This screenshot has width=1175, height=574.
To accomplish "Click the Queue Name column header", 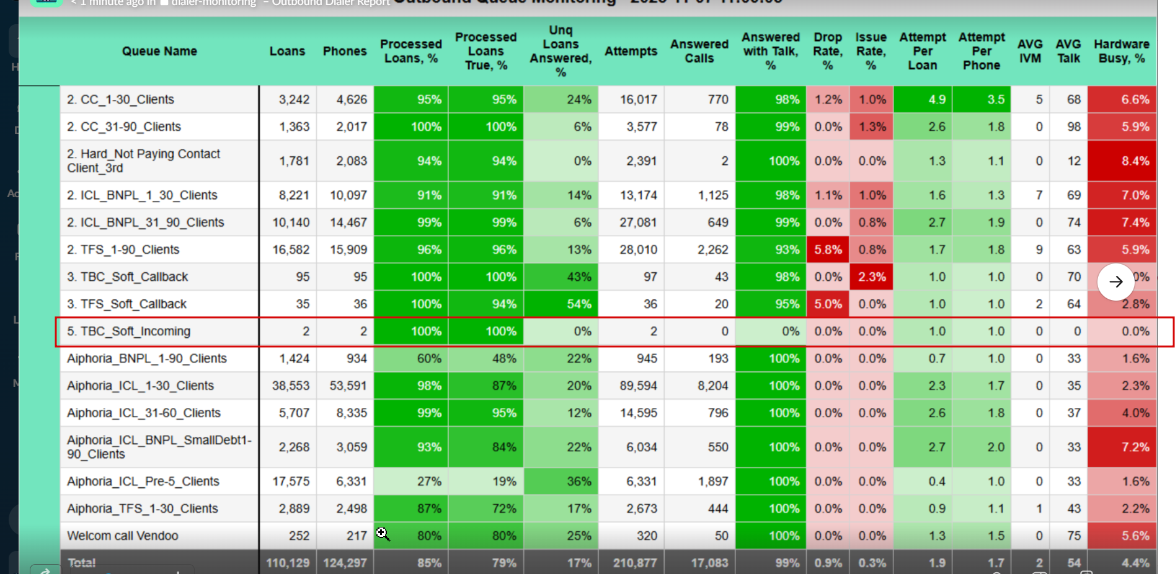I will coord(159,51).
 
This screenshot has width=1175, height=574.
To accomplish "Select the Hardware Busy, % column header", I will coord(1121,51).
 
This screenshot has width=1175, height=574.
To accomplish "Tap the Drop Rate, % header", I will coord(827,51).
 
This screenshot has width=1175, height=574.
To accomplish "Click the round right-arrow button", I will coord(1115,282).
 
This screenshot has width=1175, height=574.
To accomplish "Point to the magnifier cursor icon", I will coord(382,534).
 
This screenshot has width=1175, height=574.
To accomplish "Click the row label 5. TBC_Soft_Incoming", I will coord(129,332).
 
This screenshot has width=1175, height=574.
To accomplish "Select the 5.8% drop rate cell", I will coord(828,250).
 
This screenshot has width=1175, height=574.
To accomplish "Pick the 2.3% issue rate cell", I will coord(871,277).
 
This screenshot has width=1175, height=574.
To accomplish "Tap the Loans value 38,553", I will coord(290,386).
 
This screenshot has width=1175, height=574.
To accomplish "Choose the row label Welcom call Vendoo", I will coord(123,536).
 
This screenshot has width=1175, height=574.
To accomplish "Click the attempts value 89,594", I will coord(638,386).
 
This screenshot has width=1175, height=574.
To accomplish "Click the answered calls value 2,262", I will coord(712,250).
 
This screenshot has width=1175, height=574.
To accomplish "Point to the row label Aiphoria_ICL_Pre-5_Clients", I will coord(143,482).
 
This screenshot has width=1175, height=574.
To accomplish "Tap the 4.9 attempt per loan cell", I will coord(936,100).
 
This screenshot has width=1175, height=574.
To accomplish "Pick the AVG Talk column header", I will coord(1068,51).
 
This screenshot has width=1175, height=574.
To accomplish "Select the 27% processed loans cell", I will coord(428,482).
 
